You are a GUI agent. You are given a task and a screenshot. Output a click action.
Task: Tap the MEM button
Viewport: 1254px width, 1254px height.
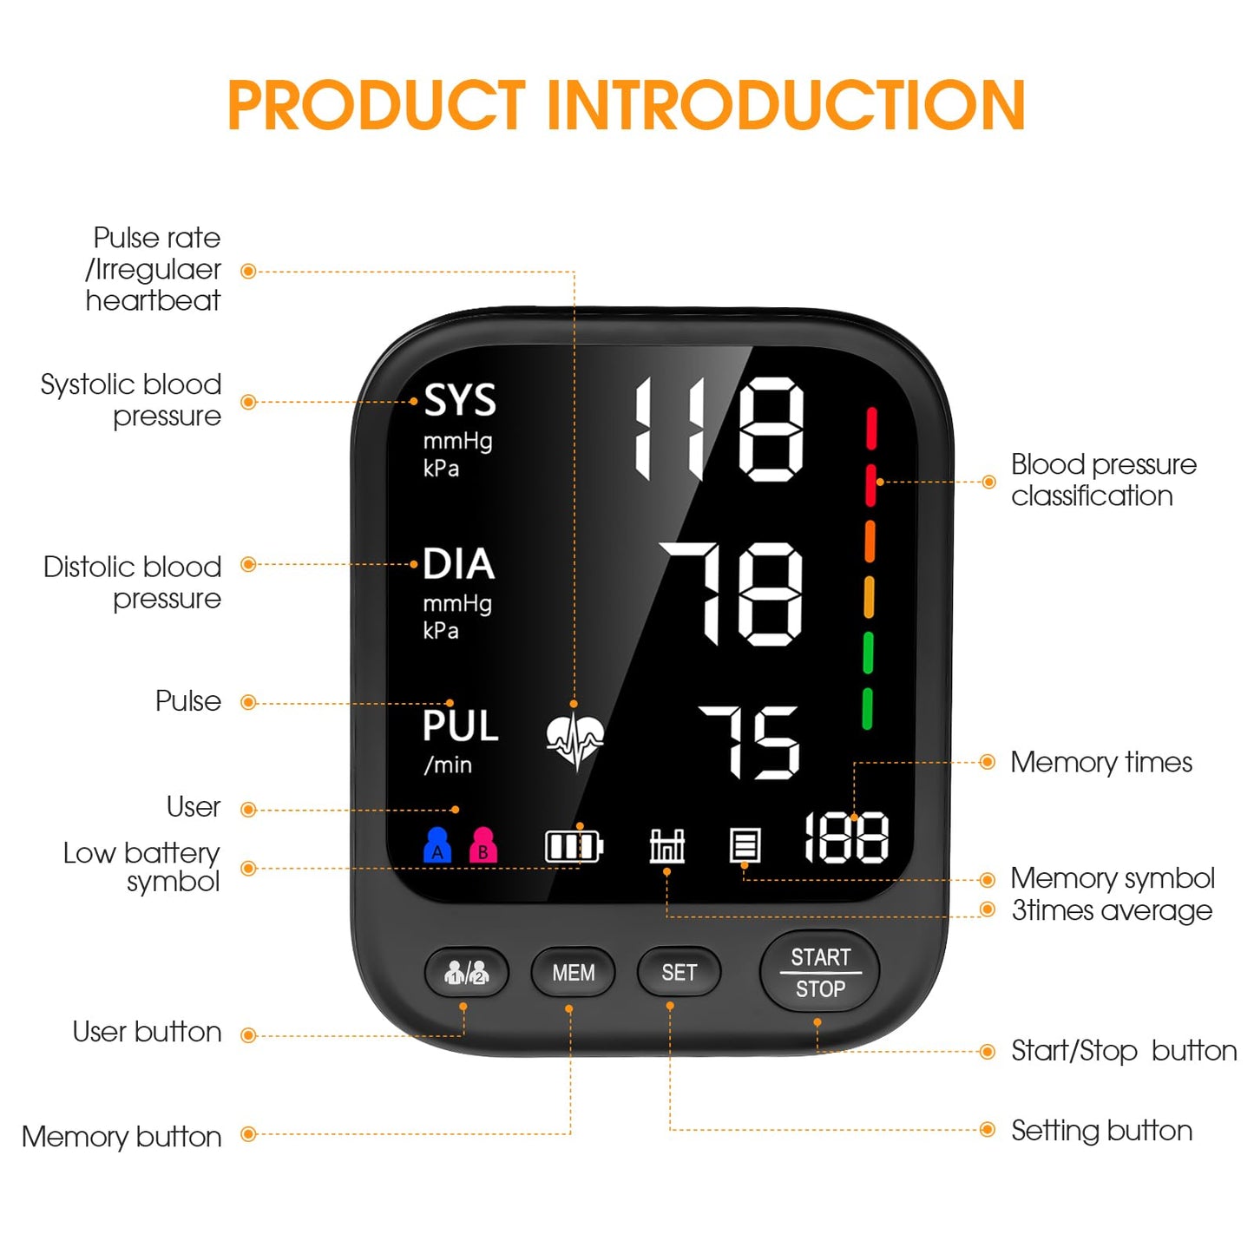[573, 973]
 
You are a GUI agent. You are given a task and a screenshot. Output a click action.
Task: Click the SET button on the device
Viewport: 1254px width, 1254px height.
[679, 973]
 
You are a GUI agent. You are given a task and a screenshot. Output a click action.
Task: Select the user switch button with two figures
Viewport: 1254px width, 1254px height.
[466, 973]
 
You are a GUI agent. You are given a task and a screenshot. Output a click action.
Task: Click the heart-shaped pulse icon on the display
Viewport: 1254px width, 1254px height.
[574, 740]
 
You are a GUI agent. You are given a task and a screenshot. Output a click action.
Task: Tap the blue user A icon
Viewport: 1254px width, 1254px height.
[437, 844]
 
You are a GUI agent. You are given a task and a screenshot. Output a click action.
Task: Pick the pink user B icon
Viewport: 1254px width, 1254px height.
[483, 844]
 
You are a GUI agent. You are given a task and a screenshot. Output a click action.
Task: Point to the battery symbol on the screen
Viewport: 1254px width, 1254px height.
[574, 846]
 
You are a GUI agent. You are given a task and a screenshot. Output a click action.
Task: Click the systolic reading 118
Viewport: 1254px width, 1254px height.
[719, 429]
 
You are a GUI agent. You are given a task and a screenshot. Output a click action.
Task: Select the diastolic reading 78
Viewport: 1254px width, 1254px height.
[732, 594]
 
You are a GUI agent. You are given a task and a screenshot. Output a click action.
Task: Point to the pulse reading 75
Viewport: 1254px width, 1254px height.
[749, 742]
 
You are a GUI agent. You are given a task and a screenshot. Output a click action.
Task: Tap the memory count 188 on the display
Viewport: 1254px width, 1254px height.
[846, 838]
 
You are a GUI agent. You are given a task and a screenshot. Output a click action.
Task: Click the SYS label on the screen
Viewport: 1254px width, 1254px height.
[459, 401]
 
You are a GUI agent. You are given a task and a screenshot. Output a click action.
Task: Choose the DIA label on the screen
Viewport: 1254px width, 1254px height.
[458, 564]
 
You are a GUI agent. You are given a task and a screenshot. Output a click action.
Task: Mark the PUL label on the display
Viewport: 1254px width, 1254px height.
[460, 726]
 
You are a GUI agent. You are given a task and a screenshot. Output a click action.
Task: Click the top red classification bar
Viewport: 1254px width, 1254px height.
[871, 429]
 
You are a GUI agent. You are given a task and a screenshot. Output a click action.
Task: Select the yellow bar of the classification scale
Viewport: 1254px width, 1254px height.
[869, 598]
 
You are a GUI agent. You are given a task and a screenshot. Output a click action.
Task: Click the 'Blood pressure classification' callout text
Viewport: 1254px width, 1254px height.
[1103, 480]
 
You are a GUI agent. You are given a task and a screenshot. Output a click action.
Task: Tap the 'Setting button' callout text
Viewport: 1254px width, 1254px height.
[1101, 1131]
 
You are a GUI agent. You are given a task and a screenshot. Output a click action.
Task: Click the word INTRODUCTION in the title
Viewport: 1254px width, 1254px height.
[786, 106]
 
